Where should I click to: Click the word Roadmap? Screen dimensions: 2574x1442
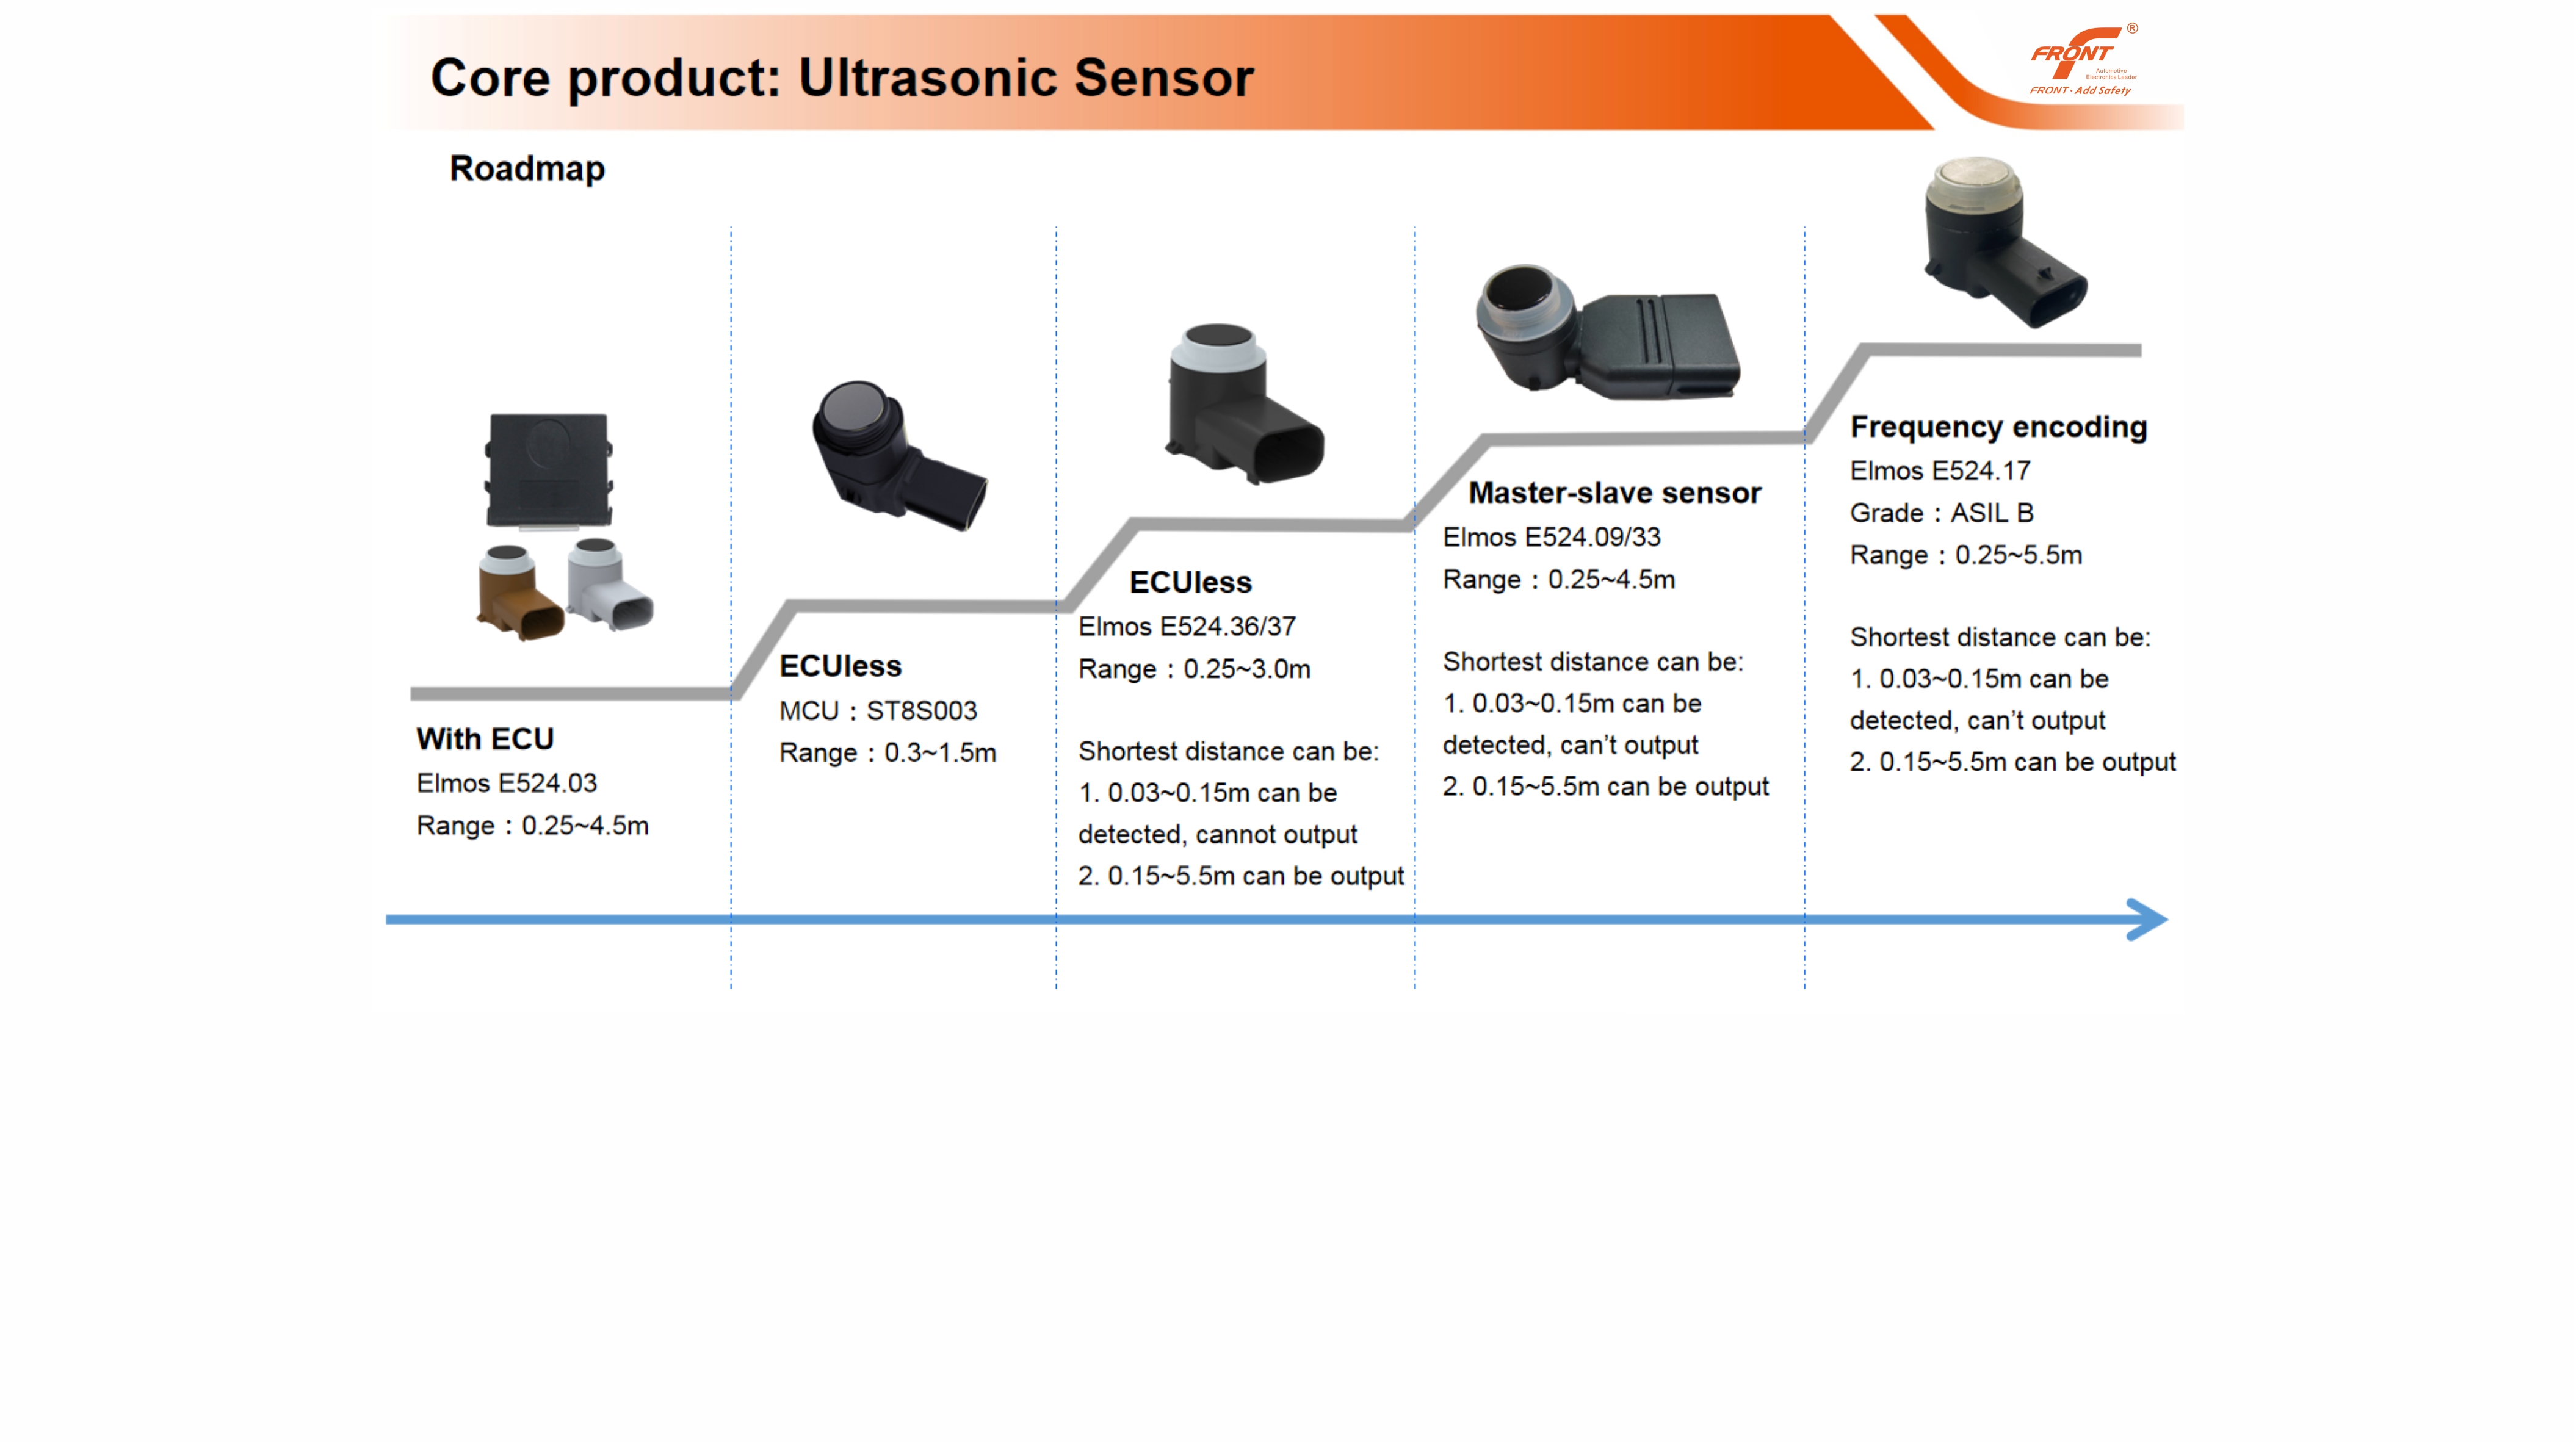[x=527, y=168]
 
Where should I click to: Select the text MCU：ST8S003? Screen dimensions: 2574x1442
[x=878, y=710]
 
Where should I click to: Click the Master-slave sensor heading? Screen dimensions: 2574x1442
[x=1614, y=492]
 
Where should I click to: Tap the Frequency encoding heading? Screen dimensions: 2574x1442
[x=1998, y=427]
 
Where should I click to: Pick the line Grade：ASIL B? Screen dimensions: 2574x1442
[x=1942, y=513]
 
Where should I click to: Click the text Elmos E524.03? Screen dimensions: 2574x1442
[x=507, y=782]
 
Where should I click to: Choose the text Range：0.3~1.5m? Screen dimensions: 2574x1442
[x=888, y=752]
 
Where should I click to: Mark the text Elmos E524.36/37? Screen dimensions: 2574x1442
[x=1187, y=627]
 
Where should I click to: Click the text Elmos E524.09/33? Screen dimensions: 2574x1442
[x=1552, y=536]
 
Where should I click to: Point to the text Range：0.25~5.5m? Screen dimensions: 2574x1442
[x=1967, y=555]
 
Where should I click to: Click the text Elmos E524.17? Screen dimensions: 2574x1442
[x=1940, y=470]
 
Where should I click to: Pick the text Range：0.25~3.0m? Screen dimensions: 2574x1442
[x=1194, y=669]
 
